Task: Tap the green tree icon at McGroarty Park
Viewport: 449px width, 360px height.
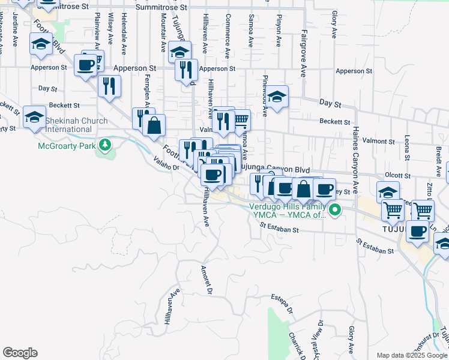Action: [x=105, y=145]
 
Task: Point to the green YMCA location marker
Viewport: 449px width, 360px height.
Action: [x=336, y=210]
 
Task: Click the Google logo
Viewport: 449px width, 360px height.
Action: [x=20, y=353]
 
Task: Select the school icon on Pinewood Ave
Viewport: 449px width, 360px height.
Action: [x=277, y=96]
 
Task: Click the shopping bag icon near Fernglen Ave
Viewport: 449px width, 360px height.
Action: [x=154, y=125]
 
